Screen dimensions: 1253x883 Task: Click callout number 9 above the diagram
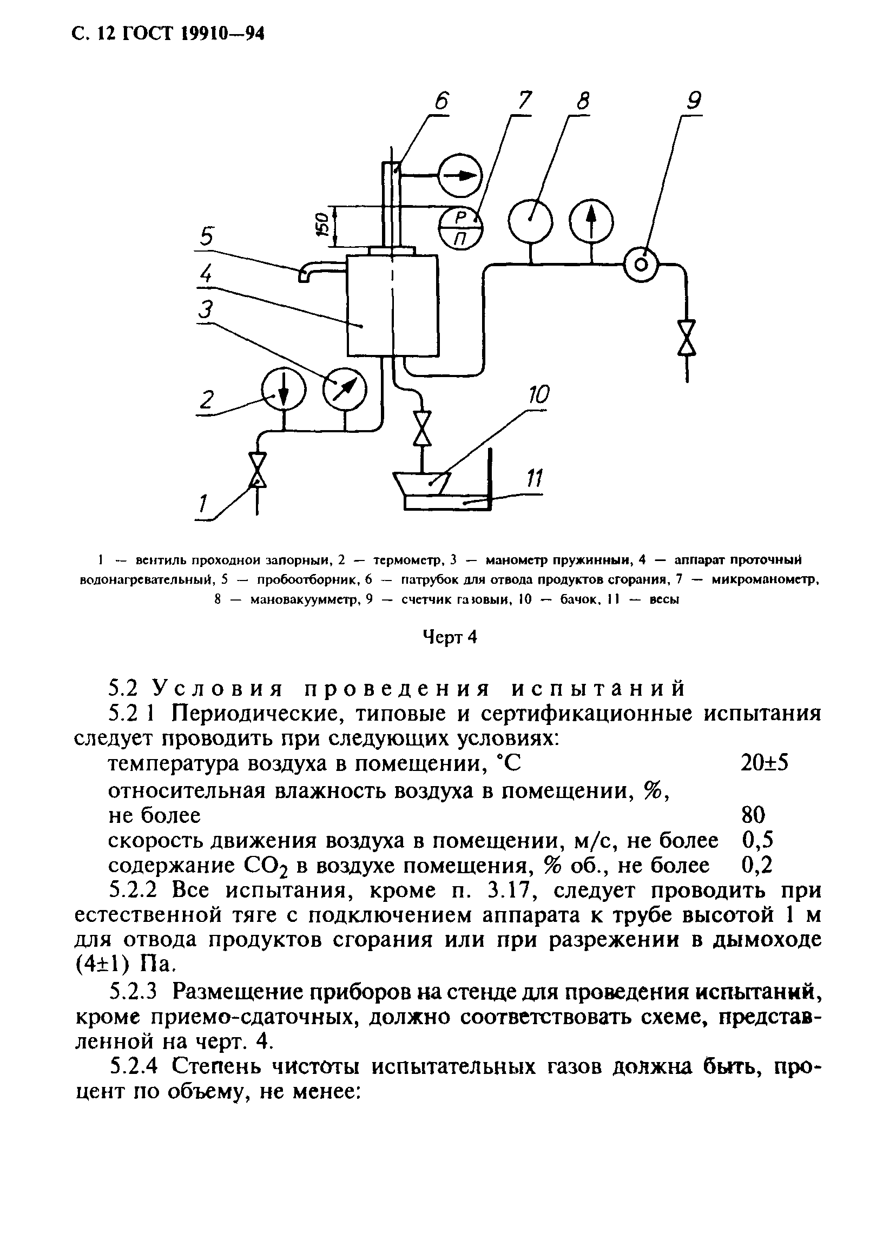[x=693, y=101]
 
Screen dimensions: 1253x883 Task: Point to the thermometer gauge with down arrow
[x=284, y=389]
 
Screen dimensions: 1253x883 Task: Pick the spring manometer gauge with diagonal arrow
[x=344, y=389]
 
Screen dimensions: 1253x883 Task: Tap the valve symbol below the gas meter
[x=686, y=338]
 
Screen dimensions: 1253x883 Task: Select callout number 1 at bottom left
[x=203, y=504]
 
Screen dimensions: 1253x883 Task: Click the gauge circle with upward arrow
[x=591, y=221]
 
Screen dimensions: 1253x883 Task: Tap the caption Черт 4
[x=450, y=637]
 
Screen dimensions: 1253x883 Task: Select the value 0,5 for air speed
[x=758, y=840]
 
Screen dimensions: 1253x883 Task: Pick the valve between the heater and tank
[x=421, y=428]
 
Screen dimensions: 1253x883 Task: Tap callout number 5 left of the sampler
[x=207, y=238]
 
